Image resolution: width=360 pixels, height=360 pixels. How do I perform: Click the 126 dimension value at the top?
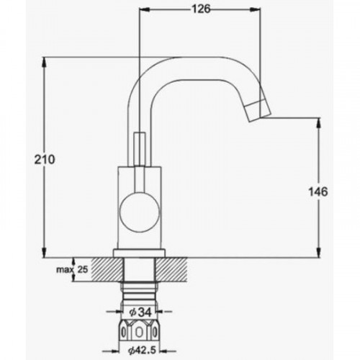coord(201,9)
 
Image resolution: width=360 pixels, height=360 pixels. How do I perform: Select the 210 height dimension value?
coord(45,160)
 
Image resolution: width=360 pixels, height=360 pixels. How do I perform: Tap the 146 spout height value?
coord(318,192)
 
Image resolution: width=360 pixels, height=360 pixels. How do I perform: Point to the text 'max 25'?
coord(72,269)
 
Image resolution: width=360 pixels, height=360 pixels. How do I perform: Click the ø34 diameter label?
coord(140,312)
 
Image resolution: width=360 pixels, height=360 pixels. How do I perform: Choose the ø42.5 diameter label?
coord(142,350)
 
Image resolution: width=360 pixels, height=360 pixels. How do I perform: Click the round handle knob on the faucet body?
coord(140,212)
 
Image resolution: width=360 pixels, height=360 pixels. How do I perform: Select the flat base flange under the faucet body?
coord(140,253)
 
